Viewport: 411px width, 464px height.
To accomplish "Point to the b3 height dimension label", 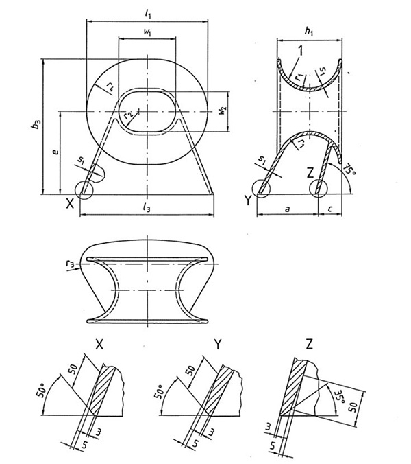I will click(x=36, y=126).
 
